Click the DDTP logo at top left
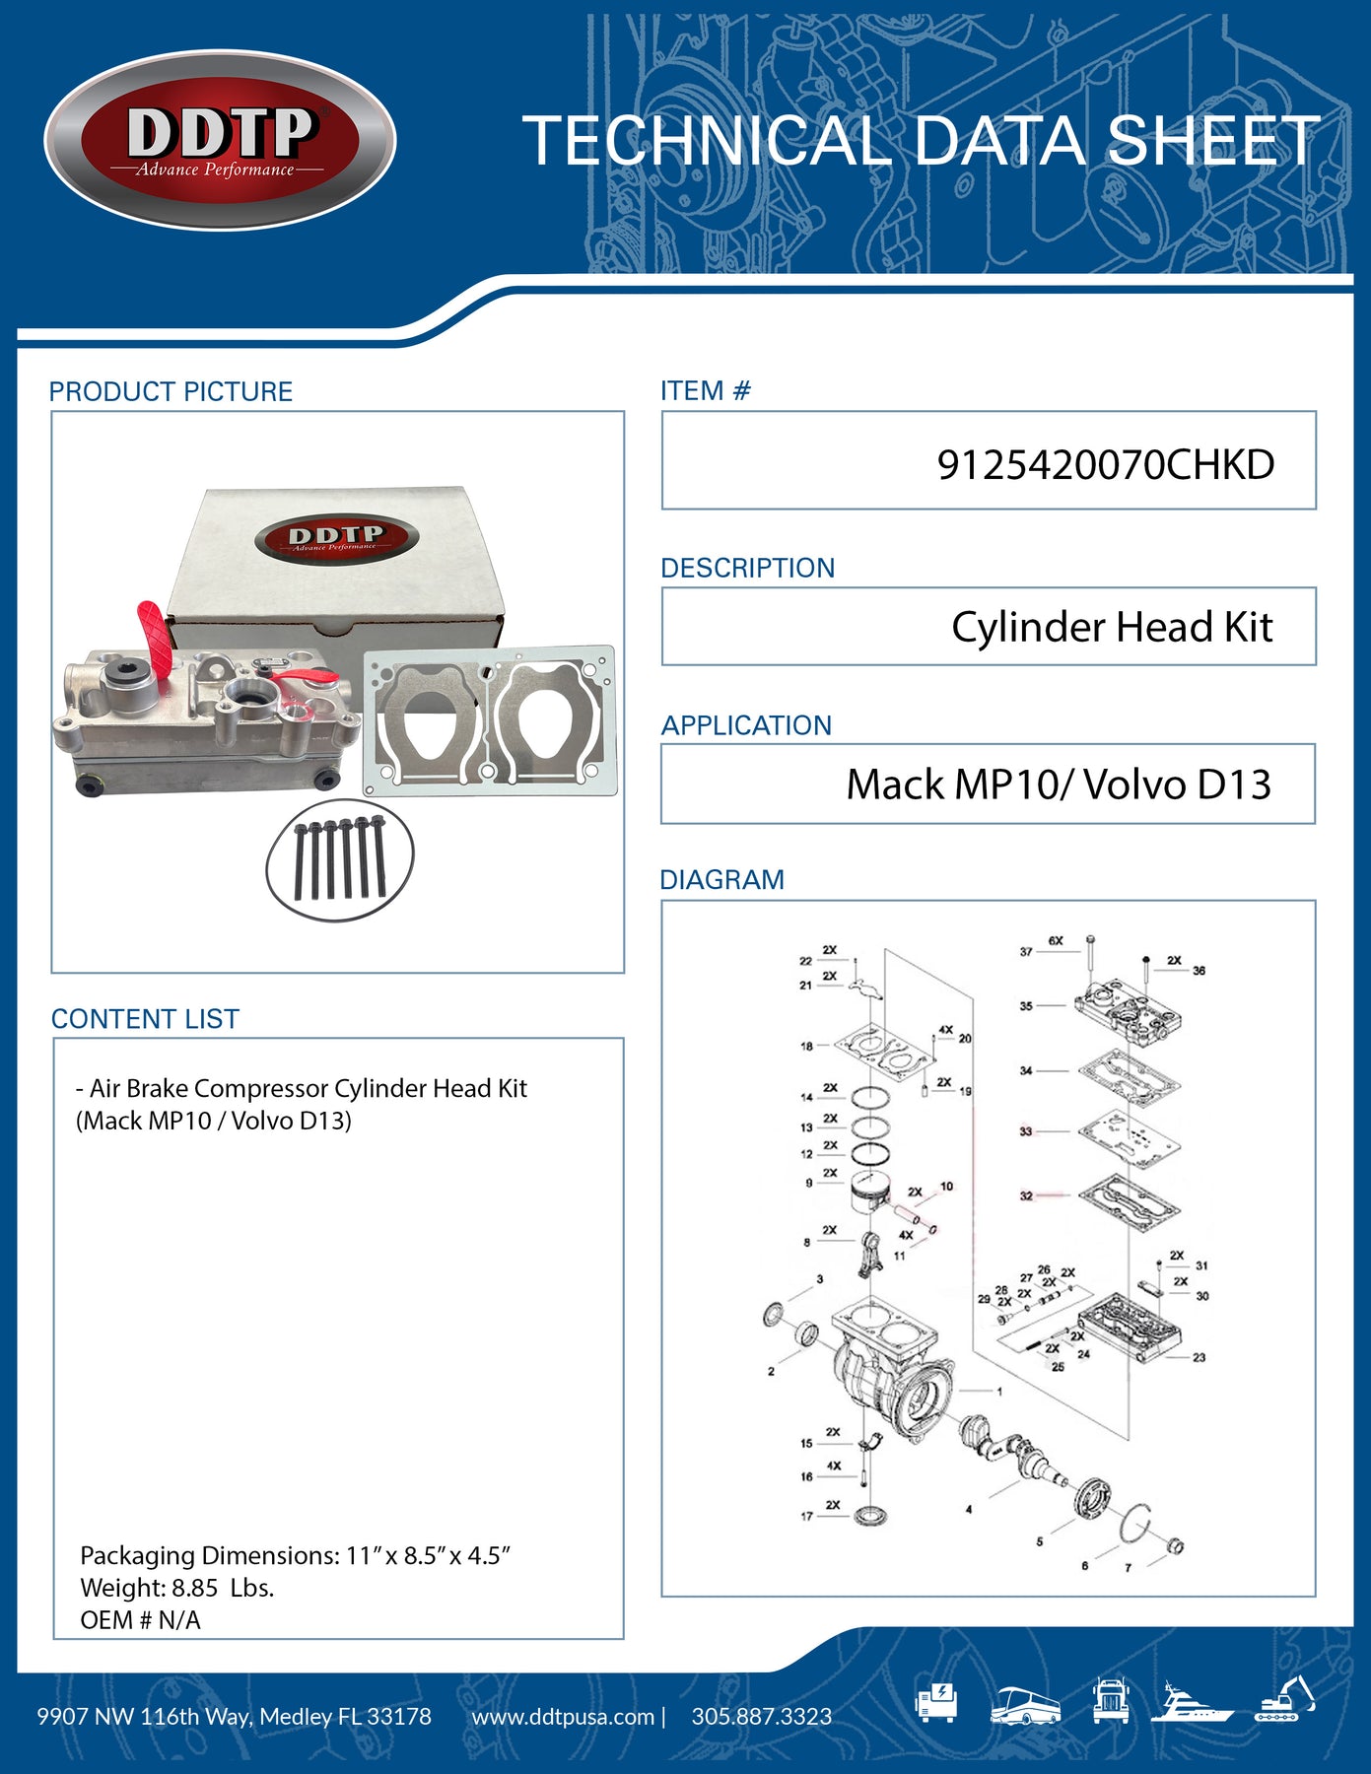[x=220, y=140]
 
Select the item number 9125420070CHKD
[x=1105, y=464]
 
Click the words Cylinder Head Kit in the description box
[x=1111, y=628]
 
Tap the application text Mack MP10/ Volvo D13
[x=1058, y=785]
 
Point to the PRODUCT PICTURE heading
[x=171, y=392]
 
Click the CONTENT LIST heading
[x=145, y=1019]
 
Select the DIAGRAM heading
[x=721, y=880]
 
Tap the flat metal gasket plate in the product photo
[x=490, y=720]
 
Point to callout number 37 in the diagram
[x=1026, y=952]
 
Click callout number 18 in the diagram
[x=806, y=1047]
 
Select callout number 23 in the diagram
[x=1199, y=1358]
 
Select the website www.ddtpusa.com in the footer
[x=563, y=1717]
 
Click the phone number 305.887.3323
[x=761, y=1717]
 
